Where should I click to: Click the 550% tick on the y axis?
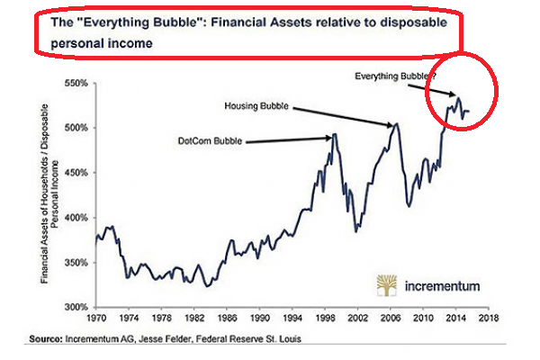[75, 84]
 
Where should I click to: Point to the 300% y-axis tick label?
[75, 307]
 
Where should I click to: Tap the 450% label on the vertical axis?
[75, 173]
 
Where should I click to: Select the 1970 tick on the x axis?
[96, 319]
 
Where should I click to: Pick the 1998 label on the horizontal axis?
[326, 319]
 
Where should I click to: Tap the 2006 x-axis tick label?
[391, 319]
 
